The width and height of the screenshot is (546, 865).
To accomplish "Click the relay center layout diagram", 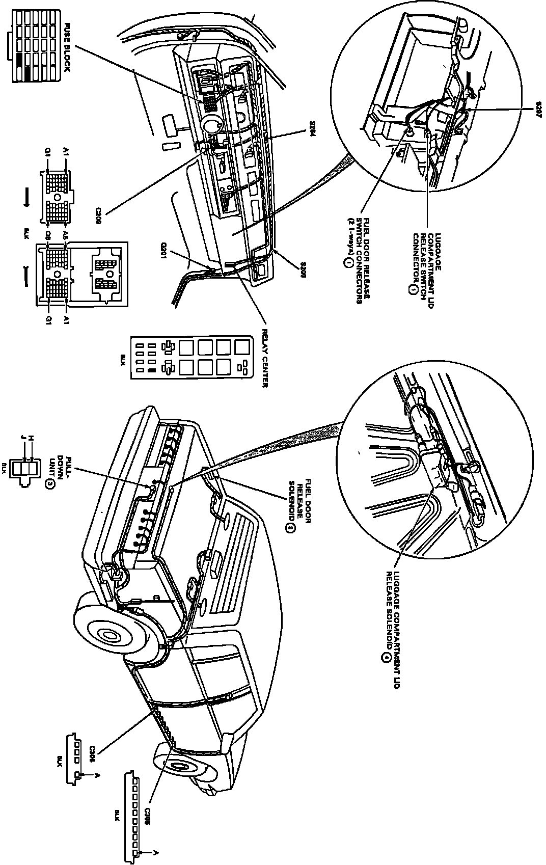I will pyautogui.click(x=190, y=357).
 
